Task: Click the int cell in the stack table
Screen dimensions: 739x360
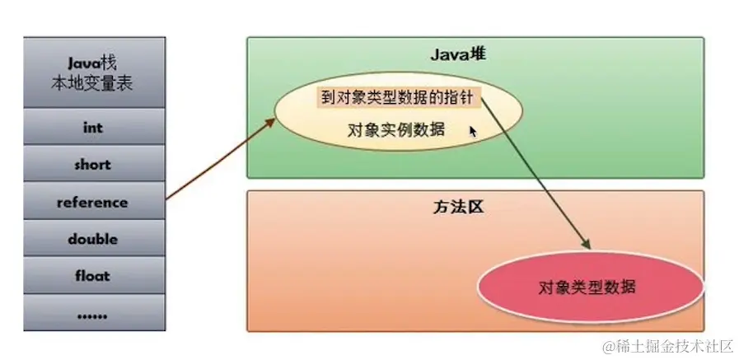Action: [92, 128]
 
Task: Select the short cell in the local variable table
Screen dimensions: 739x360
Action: [92, 165]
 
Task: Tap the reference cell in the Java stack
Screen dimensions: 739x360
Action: [92, 202]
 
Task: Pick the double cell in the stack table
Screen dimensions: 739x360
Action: [92, 239]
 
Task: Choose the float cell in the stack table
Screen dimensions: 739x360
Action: [92, 276]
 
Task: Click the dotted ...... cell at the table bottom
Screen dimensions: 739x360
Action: [92, 313]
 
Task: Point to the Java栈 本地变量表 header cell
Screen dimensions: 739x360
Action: [92, 72]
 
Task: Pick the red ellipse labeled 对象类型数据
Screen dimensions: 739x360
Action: [588, 288]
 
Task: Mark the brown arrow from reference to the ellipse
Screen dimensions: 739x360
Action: [218, 160]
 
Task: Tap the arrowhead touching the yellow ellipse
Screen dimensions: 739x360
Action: [269, 123]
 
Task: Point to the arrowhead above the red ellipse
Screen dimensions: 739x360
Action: [586, 244]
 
